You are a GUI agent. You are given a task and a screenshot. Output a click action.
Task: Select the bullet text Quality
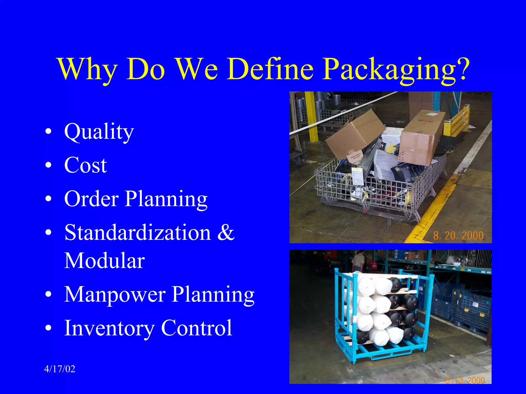click(x=99, y=132)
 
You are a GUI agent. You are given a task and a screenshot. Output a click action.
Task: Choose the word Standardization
click(x=138, y=232)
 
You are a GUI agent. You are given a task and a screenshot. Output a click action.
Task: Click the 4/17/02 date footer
click(x=60, y=369)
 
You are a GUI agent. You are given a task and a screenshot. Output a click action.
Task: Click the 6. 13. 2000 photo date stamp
click(x=465, y=380)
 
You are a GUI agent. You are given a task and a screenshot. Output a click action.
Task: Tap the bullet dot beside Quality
click(x=48, y=133)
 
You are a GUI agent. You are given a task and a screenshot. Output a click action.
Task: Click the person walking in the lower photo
click(x=359, y=261)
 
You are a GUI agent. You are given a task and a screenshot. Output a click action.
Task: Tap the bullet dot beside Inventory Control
click(x=48, y=329)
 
